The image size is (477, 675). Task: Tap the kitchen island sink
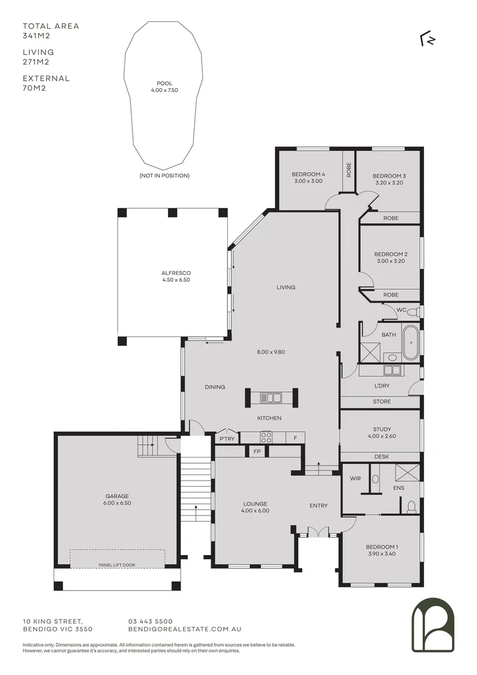272,397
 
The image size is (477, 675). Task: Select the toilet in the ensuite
411,507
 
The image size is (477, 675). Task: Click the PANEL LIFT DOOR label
117,565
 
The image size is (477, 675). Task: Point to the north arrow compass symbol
428,39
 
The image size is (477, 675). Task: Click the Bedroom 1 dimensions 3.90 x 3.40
381,554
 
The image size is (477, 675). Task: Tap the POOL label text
164,83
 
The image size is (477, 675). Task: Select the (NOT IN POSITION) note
164,176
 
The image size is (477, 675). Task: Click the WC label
401,309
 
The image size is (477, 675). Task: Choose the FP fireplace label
257,451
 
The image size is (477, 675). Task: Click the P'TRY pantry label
226,438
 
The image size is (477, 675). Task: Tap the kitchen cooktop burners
266,437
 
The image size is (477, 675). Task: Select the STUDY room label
381,429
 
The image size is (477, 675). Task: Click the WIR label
355,479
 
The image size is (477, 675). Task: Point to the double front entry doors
318,533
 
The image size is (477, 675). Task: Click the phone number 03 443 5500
150,621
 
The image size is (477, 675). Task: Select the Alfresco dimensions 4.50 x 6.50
175,280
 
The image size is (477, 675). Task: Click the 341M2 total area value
36,36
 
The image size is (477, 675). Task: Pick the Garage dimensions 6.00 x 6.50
117,502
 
